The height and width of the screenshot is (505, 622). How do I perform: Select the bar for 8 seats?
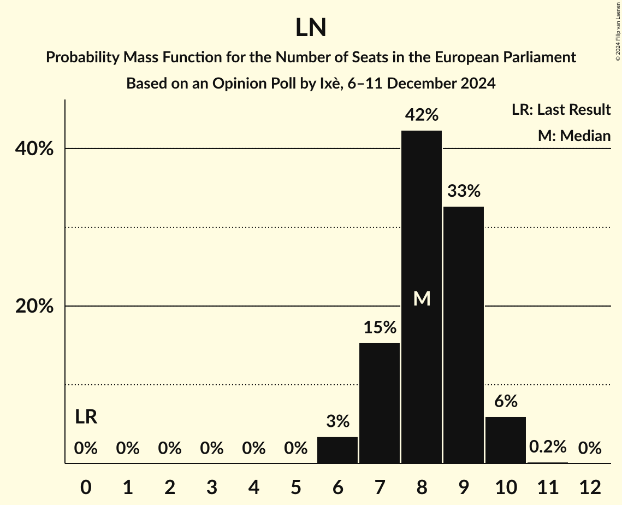point(422,297)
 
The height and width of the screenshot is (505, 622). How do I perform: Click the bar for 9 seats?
point(464,334)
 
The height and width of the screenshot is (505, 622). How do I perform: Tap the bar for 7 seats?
point(380,403)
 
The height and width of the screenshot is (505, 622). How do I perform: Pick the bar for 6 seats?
point(337,450)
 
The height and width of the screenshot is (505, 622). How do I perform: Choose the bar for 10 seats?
point(506,440)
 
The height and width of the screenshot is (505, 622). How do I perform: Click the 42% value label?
point(422,115)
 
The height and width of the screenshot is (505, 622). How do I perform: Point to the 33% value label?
point(464,191)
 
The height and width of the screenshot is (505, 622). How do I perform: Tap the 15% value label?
point(380,327)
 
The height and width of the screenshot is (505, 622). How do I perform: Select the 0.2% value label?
point(548,447)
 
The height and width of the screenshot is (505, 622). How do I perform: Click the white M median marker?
point(422,298)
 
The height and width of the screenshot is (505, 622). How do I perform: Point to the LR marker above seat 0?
point(86,418)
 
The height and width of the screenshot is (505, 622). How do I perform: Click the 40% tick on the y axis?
point(34,149)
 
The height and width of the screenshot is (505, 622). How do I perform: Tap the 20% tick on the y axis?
point(34,307)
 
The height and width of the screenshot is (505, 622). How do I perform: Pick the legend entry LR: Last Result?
point(561,110)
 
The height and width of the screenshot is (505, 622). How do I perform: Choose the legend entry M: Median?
point(574,136)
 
